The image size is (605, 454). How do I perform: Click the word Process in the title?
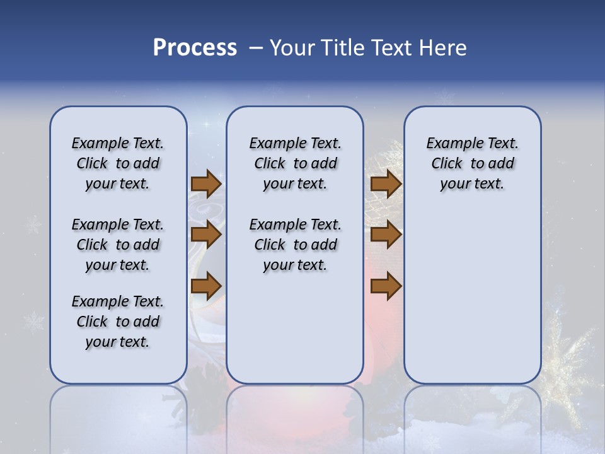click(195, 48)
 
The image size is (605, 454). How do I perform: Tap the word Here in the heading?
click(442, 48)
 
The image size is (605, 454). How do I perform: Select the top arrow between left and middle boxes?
click(206, 184)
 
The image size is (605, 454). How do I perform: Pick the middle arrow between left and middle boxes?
click(206, 235)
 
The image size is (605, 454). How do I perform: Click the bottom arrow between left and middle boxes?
click(206, 286)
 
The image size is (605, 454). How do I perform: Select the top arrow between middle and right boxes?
click(386, 184)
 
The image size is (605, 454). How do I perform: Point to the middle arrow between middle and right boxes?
click(386, 235)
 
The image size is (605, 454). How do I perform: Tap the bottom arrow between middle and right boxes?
click(386, 286)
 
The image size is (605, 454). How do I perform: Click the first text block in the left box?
click(118, 163)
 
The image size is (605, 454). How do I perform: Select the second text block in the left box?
click(118, 245)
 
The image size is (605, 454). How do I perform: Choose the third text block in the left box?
click(118, 322)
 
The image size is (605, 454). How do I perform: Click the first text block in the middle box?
click(295, 163)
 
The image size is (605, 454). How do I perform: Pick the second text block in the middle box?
click(295, 245)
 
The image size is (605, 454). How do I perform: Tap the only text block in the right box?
click(472, 163)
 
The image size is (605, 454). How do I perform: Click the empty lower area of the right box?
click(472, 303)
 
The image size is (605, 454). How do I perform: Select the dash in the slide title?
click(256, 48)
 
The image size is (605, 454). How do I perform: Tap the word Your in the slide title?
click(292, 48)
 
